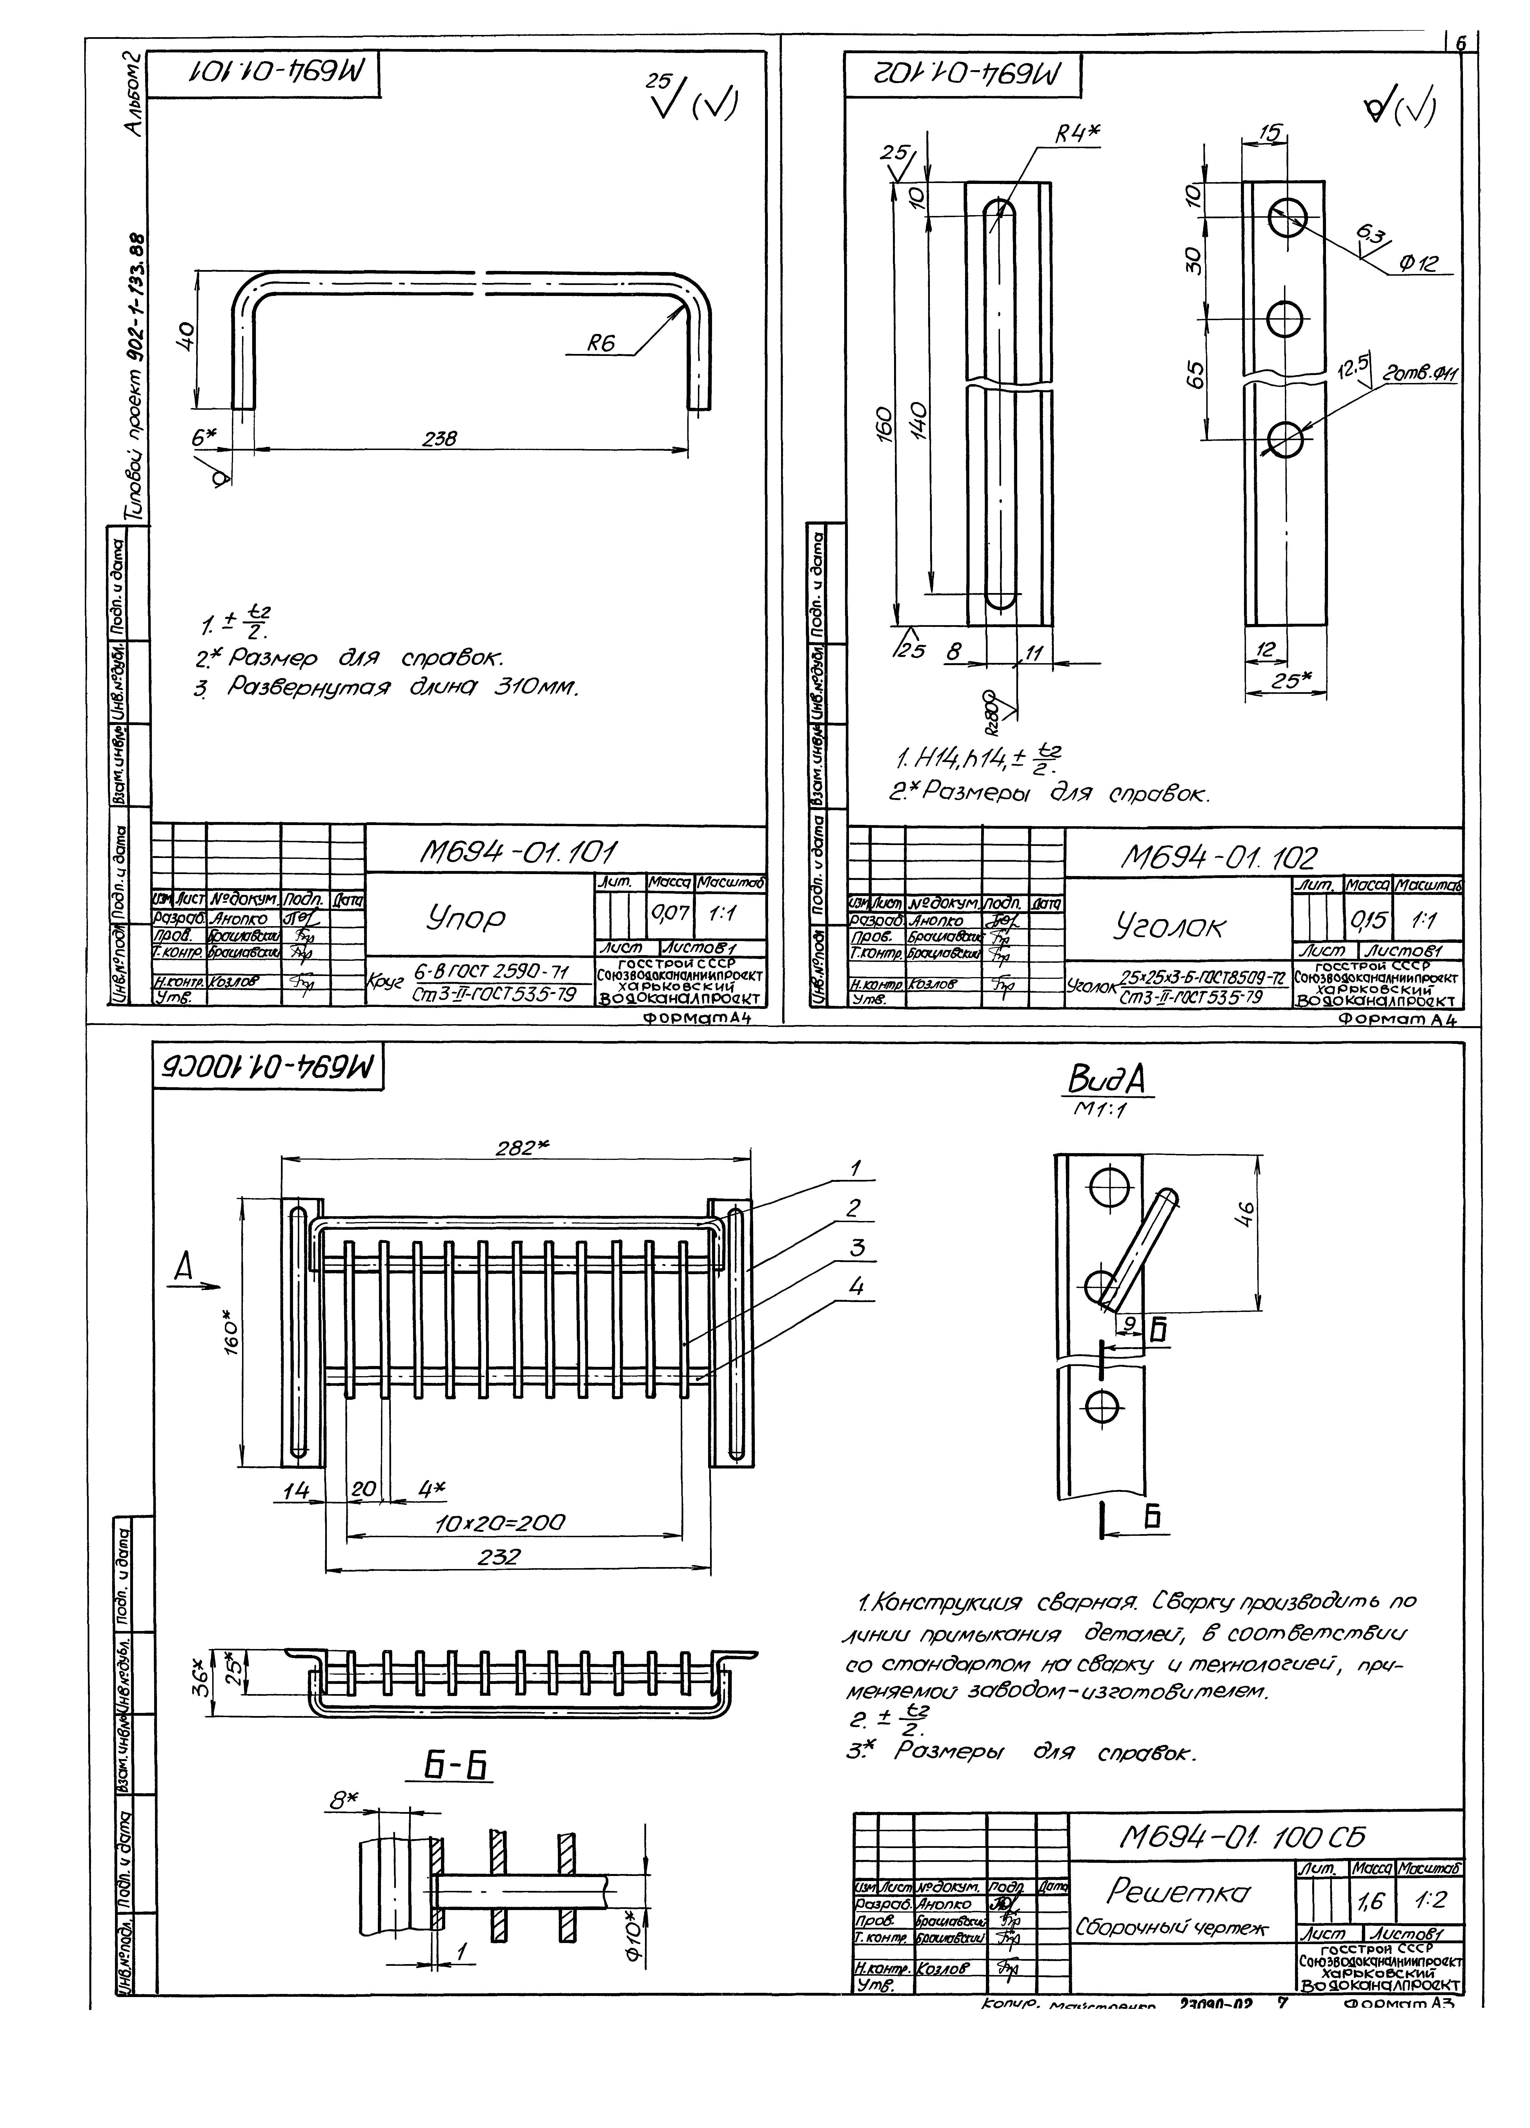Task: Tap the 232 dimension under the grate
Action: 498,1557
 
